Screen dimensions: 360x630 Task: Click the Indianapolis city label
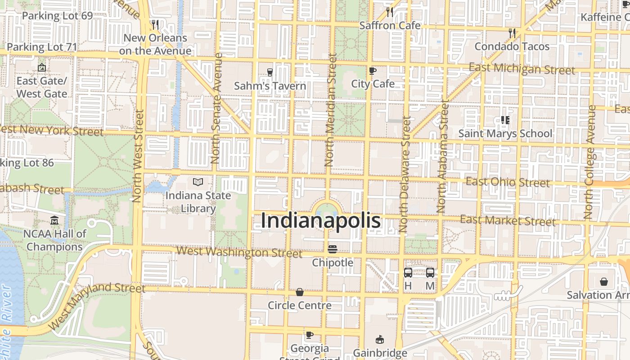click(x=321, y=221)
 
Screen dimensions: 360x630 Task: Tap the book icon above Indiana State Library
click(x=198, y=182)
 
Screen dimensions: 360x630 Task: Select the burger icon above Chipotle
click(x=333, y=249)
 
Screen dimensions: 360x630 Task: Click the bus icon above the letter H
click(x=408, y=272)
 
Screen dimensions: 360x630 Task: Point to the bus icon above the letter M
click(x=430, y=272)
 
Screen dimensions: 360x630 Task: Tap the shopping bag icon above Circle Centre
click(x=300, y=292)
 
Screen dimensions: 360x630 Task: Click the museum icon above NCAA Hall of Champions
click(x=54, y=220)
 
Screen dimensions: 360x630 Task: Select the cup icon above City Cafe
click(x=373, y=71)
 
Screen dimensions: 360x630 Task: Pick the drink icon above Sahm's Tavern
click(x=270, y=72)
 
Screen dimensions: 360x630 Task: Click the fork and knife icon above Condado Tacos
click(x=512, y=33)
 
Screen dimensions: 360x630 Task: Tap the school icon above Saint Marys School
click(x=505, y=120)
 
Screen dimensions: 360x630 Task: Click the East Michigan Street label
click(x=522, y=69)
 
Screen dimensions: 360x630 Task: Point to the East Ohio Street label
click(x=508, y=182)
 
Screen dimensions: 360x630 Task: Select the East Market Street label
click(x=508, y=220)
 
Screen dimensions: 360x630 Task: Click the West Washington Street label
click(x=239, y=252)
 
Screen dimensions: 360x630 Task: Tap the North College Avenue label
click(x=590, y=162)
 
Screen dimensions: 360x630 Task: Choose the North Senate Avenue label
click(x=217, y=108)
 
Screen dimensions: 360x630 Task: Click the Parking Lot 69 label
click(x=57, y=16)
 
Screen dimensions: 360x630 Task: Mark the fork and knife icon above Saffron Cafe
click(x=390, y=12)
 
